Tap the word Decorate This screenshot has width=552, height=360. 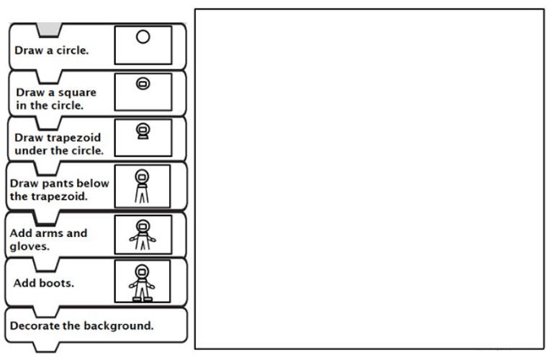34,325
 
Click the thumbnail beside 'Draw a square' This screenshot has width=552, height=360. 143,91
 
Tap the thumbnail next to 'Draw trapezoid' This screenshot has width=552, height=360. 143,137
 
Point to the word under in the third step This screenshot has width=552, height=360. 30,151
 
